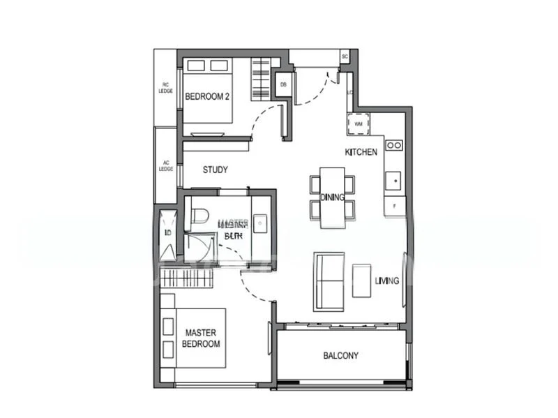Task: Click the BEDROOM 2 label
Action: pos(207,97)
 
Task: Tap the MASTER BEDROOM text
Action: pos(201,338)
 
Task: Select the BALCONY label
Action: pos(340,356)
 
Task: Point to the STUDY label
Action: pos(215,170)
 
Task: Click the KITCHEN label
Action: pos(361,151)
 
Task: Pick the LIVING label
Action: pos(386,281)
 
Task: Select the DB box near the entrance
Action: pos(283,85)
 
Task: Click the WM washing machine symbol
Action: pos(359,124)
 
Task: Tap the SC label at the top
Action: pos(345,57)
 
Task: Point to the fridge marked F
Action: pos(394,207)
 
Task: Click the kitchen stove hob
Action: pos(394,145)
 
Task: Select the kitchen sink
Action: pos(394,181)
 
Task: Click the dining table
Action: pos(333,197)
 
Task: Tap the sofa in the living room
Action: pos(329,281)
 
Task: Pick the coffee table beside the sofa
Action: pos(362,281)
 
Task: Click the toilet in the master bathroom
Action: pos(199,215)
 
